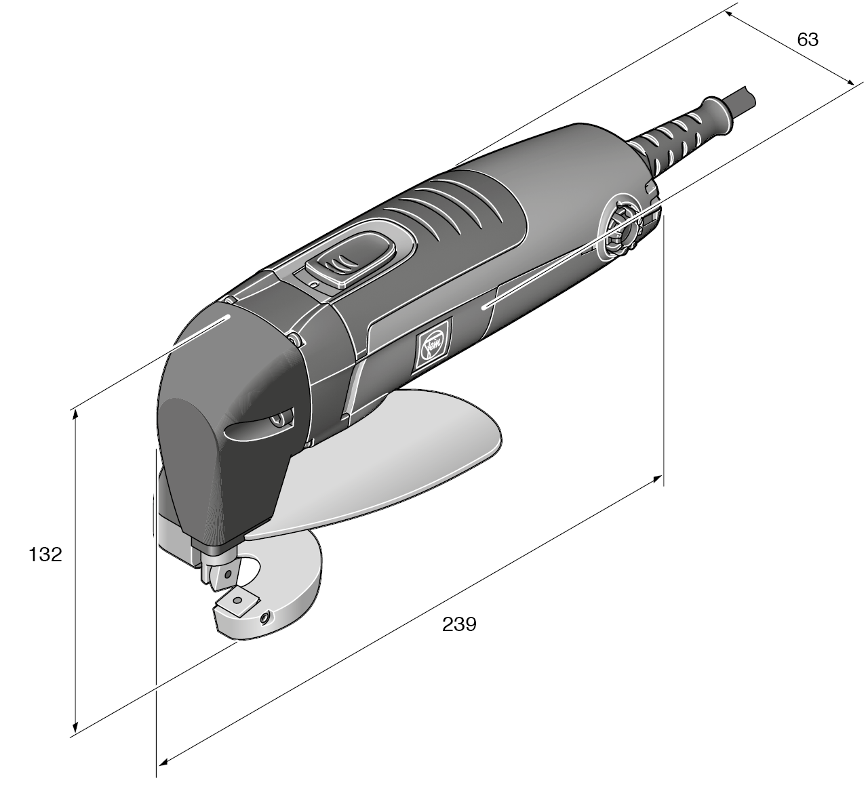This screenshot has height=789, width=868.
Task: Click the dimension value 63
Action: pos(808,40)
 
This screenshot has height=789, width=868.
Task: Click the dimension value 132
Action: pos(45,554)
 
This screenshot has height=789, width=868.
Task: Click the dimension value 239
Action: pos(459,624)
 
